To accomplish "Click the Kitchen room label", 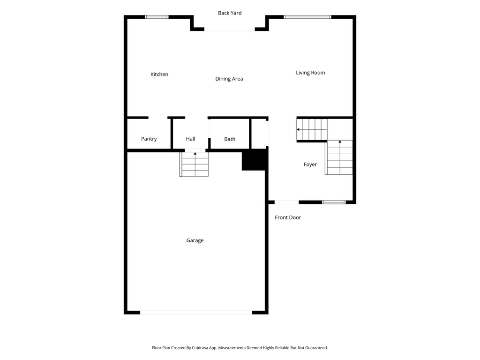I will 159,75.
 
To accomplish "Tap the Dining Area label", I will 229,79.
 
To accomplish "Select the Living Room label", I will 310,73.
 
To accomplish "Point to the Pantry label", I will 149,139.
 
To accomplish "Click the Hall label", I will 190,139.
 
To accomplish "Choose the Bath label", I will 230,139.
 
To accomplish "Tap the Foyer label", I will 310,165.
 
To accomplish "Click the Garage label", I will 195,240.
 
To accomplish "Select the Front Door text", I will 288,217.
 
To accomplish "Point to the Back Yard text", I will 230,13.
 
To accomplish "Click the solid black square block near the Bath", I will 254,160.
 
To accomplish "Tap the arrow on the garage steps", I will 195,154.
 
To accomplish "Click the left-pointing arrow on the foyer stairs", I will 299,129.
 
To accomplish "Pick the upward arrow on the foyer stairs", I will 340,142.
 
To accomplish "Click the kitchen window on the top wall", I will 157,17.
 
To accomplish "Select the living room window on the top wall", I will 307,17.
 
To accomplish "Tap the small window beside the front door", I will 334,202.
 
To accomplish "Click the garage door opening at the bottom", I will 196,312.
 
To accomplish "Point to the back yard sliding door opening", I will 230,30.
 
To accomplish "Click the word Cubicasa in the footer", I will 197,348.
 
